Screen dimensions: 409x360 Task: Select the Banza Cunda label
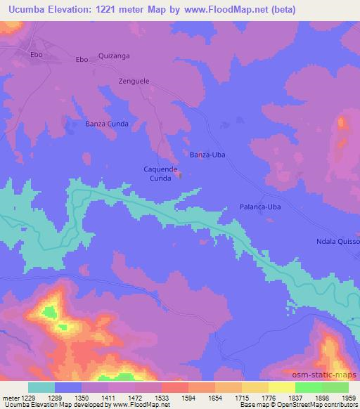pyautogui.click(x=106, y=124)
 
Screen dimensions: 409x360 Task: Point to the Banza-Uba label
pyautogui.click(x=208, y=154)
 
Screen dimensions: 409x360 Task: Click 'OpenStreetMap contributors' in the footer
pyautogui.click(x=318, y=405)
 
